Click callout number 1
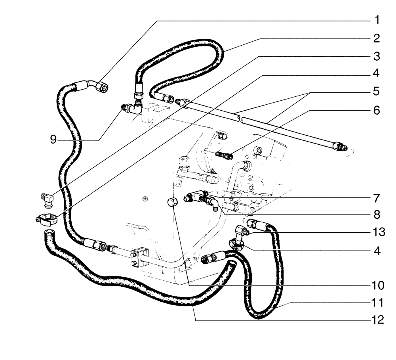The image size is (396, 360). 376,20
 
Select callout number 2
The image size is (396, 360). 376,38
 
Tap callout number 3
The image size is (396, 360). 376,56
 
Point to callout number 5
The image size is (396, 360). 376,92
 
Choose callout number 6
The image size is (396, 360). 376,110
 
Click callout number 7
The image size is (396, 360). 376,197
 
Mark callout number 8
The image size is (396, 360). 376,215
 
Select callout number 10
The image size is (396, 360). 376,285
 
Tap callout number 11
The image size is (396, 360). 376,303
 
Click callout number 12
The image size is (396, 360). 376,320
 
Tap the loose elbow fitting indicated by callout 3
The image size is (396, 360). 48,198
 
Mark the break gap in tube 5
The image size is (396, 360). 240,118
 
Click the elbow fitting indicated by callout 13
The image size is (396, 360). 241,231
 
